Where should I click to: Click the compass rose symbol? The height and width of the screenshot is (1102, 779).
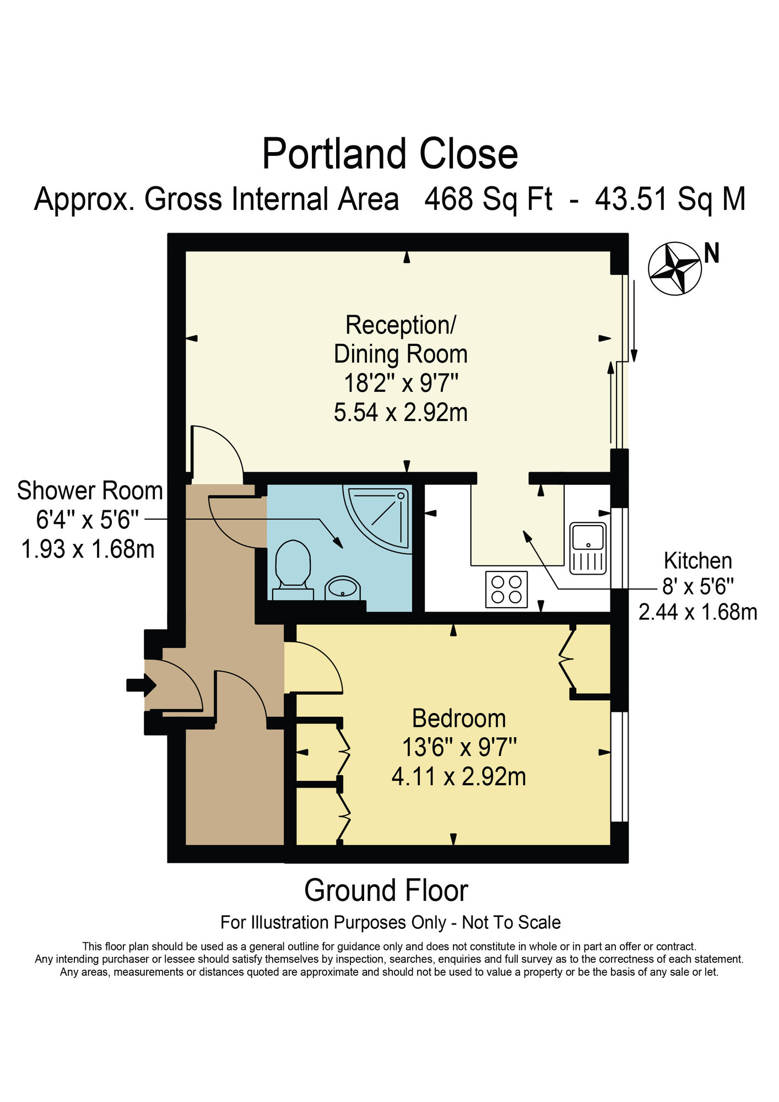tap(674, 268)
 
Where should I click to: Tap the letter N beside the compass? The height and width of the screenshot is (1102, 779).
tap(712, 253)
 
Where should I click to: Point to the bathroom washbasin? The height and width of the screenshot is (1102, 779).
tap(343, 588)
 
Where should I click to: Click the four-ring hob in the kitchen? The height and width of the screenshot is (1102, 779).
tap(506, 589)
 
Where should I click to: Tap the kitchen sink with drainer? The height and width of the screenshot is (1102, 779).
tap(588, 548)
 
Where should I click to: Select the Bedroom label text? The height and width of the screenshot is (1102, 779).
tap(458, 719)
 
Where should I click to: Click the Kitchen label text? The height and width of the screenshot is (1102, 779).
tap(697, 561)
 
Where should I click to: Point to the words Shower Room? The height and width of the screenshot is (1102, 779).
tap(90, 491)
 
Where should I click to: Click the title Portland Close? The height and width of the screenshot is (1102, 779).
tap(389, 154)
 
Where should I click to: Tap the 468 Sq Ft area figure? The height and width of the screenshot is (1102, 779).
tap(488, 199)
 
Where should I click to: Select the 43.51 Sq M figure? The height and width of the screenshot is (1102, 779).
tap(670, 199)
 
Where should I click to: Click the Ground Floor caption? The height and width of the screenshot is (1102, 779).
tap(386, 890)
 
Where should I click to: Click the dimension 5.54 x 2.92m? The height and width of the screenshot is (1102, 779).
tap(401, 412)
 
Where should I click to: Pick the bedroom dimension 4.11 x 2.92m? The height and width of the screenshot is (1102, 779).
tap(458, 777)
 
